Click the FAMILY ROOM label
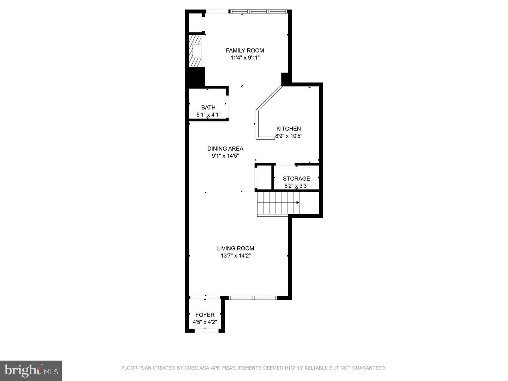245,50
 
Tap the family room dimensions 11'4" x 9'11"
245,58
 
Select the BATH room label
208,108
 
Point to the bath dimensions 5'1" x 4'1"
208,115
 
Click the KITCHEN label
289,129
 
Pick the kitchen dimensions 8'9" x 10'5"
289,136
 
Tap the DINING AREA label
225,149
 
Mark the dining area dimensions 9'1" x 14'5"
225,156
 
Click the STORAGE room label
296,179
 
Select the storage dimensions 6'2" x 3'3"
296,186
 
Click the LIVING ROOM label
235,248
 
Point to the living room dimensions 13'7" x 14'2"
235,256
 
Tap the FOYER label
205,315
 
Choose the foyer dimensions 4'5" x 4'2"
205,322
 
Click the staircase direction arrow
297,202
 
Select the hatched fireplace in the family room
195,51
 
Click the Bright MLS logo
31,370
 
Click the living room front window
253,298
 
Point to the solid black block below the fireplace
195,77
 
